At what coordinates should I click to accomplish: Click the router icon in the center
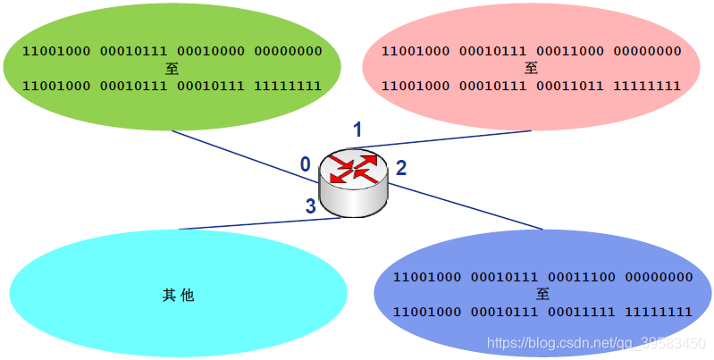(x=355, y=183)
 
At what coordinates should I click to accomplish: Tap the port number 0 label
(x=306, y=164)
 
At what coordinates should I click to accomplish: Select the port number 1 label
(x=357, y=130)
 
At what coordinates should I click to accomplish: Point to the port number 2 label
(x=401, y=167)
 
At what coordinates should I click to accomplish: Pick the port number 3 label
(x=311, y=206)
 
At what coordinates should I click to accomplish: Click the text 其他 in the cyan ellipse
(x=178, y=295)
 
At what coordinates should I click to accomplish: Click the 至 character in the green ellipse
(x=172, y=69)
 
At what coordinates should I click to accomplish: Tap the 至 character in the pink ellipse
(x=531, y=69)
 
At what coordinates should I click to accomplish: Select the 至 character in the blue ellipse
(x=542, y=294)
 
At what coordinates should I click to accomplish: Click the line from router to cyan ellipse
(x=259, y=223)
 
